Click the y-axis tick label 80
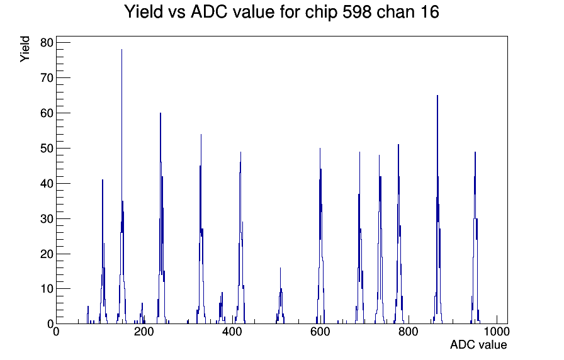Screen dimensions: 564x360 [47, 43]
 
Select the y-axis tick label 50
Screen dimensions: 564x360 [47, 149]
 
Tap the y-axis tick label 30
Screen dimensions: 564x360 [47, 218]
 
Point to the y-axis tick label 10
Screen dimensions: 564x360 [47, 289]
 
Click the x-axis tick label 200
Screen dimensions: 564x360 [144, 332]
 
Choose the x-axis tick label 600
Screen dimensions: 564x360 [320, 332]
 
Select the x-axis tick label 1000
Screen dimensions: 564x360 [497, 332]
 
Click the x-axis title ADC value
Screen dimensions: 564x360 [478, 344]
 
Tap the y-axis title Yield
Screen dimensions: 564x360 [25, 49]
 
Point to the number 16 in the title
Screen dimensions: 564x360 [429, 12]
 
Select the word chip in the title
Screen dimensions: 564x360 [321, 13]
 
